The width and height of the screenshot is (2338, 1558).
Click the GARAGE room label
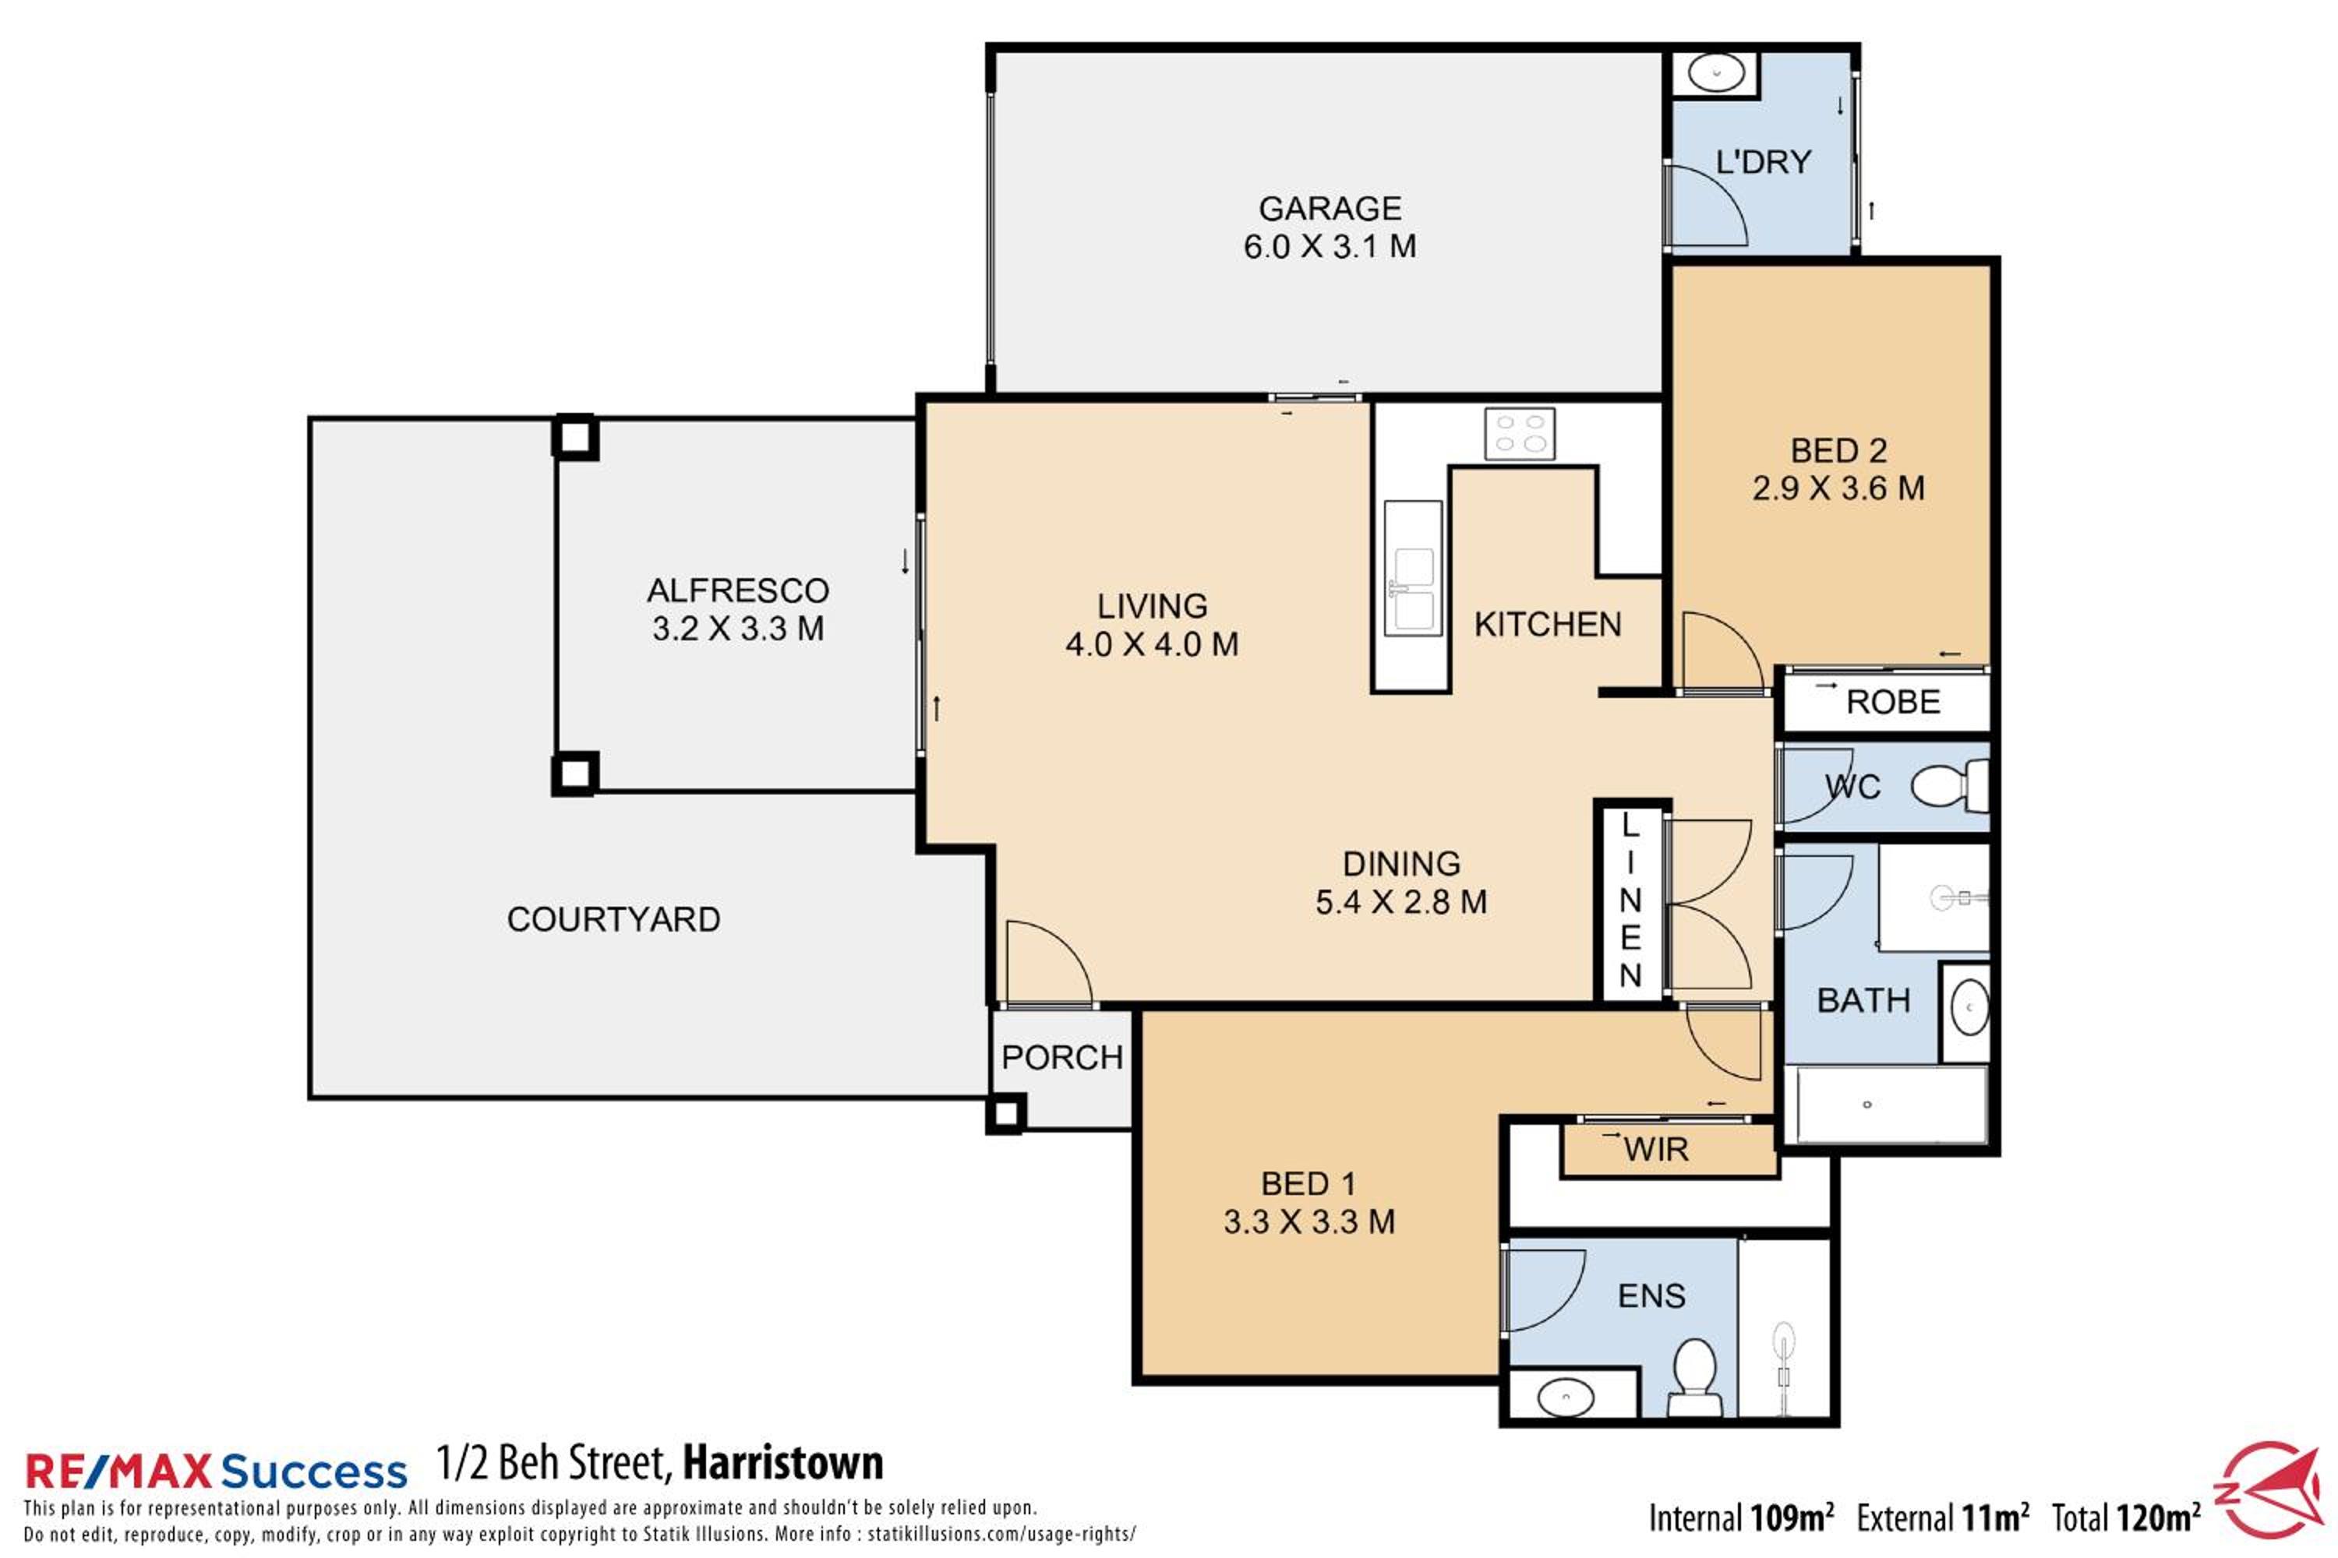point(1330,209)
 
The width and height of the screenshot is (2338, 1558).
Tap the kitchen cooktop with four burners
point(1520,434)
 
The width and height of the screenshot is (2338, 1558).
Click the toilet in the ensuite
point(1693,1376)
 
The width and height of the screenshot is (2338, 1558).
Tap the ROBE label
point(1893,703)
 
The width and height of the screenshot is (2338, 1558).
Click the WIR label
point(1656,1150)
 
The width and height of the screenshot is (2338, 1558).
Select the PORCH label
point(1061,1058)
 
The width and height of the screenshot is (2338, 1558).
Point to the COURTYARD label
point(613,920)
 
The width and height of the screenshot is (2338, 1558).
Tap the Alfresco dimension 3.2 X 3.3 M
point(737,629)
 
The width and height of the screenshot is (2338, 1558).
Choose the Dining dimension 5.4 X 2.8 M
point(1400,902)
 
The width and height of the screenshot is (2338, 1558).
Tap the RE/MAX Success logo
point(216,1472)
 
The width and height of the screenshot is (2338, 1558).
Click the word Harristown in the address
point(783,1463)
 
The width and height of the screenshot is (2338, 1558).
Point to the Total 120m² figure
point(2125,1518)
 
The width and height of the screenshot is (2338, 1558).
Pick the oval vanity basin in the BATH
point(1969,1010)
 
